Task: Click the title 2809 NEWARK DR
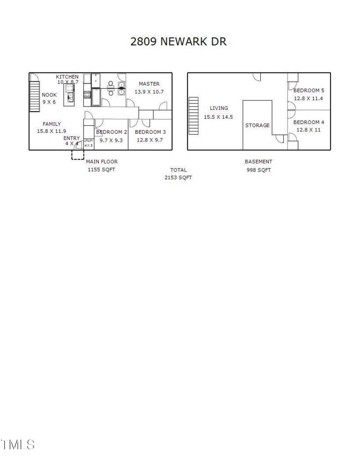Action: click(x=178, y=42)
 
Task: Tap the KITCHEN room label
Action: click(x=67, y=77)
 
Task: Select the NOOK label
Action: click(x=49, y=95)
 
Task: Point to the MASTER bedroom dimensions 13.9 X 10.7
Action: click(x=149, y=92)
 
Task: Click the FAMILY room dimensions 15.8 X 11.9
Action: click(x=52, y=131)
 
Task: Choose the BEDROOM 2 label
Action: click(x=112, y=132)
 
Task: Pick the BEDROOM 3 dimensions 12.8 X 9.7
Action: click(x=149, y=140)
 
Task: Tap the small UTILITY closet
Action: click(x=88, y=143)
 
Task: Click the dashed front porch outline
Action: click(x=78, y=155)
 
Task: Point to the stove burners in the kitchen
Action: click(x=87, y=95)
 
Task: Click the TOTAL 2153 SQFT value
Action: click(x=178, y=178)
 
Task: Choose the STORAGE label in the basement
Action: click(x=257, y=126)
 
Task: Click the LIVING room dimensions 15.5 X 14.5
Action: click(x=218, y=117)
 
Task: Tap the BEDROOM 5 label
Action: click(x=309, y=90)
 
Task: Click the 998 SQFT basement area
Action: click(x=258, y=170)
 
